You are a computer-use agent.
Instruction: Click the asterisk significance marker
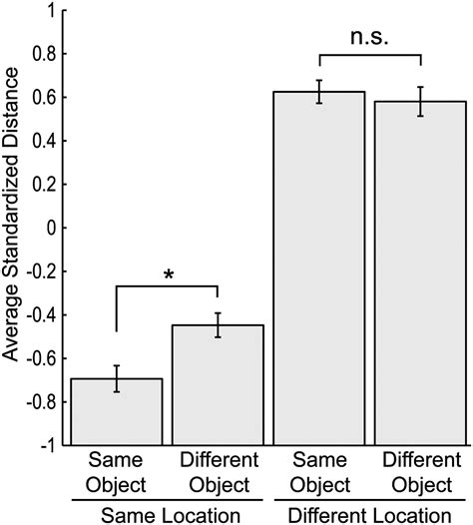coord(167,273)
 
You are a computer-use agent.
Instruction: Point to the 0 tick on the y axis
coord(52,229)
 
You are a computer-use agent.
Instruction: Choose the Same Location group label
coord(167,513)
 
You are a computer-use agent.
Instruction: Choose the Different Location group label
coord(370,513)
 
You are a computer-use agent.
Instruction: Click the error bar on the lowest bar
coord(117,378)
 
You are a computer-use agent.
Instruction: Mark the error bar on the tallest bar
coord(319,92)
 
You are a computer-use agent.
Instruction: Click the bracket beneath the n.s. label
coord(370,57)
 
